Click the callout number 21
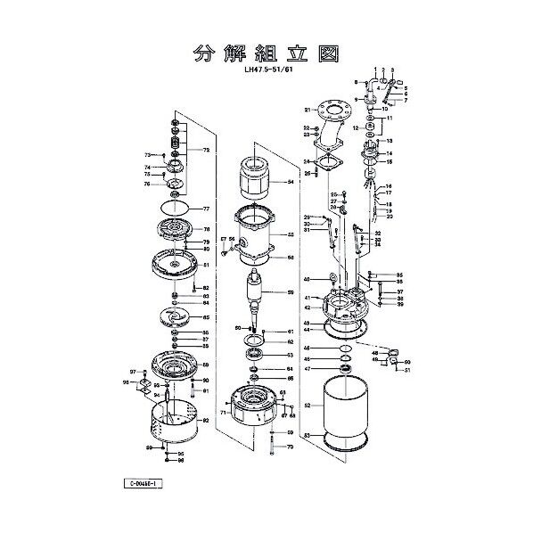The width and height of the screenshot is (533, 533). [x=305, y=110]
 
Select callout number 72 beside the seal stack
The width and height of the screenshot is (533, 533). [x=206, y=151]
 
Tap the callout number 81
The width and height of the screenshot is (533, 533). [x=206, y=265]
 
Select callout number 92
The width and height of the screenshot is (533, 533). [x=206, y=420]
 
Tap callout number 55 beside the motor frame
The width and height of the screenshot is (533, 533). [x=290, y=235]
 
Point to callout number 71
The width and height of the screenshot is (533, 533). [x=223, y=414]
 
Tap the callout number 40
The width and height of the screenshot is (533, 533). [x=306, y=279]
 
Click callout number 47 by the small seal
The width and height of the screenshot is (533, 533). [x=306, y=368]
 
